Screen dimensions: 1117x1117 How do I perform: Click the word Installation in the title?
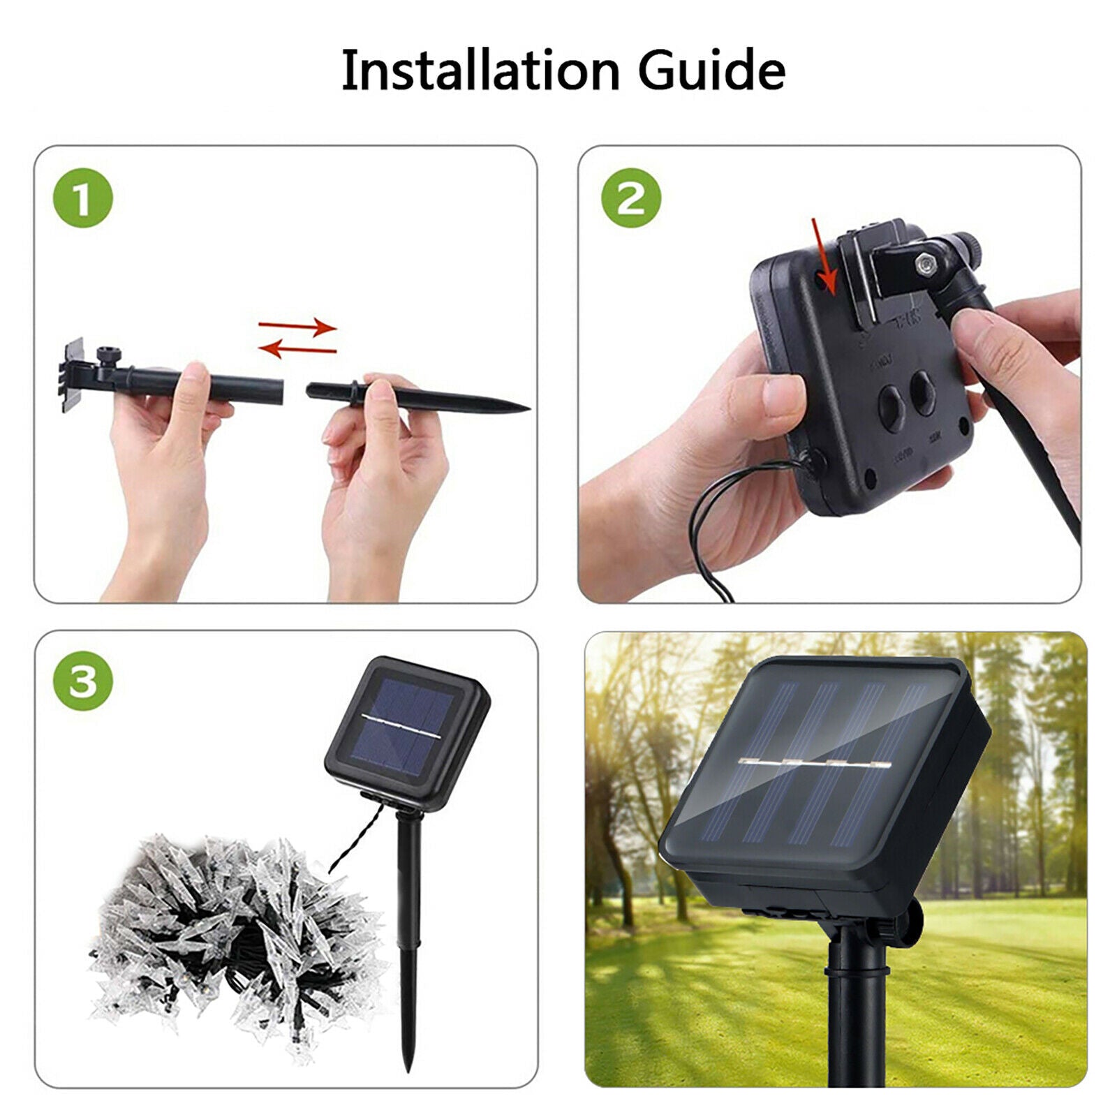pyautogui.click(x=480, y=70)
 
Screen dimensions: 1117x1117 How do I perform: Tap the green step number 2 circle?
pyautogui.click(x=631, y=198)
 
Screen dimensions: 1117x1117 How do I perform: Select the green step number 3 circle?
pyautogui.click(x=82, y=681)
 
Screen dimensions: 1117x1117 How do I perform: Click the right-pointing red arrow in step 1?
pyautogui.click(x=298, y=326)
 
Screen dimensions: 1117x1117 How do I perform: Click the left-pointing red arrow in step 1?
pyautogui.click(x=298, y=348)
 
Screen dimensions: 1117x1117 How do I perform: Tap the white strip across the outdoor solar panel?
pyautogui.click(x=810, y=764)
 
